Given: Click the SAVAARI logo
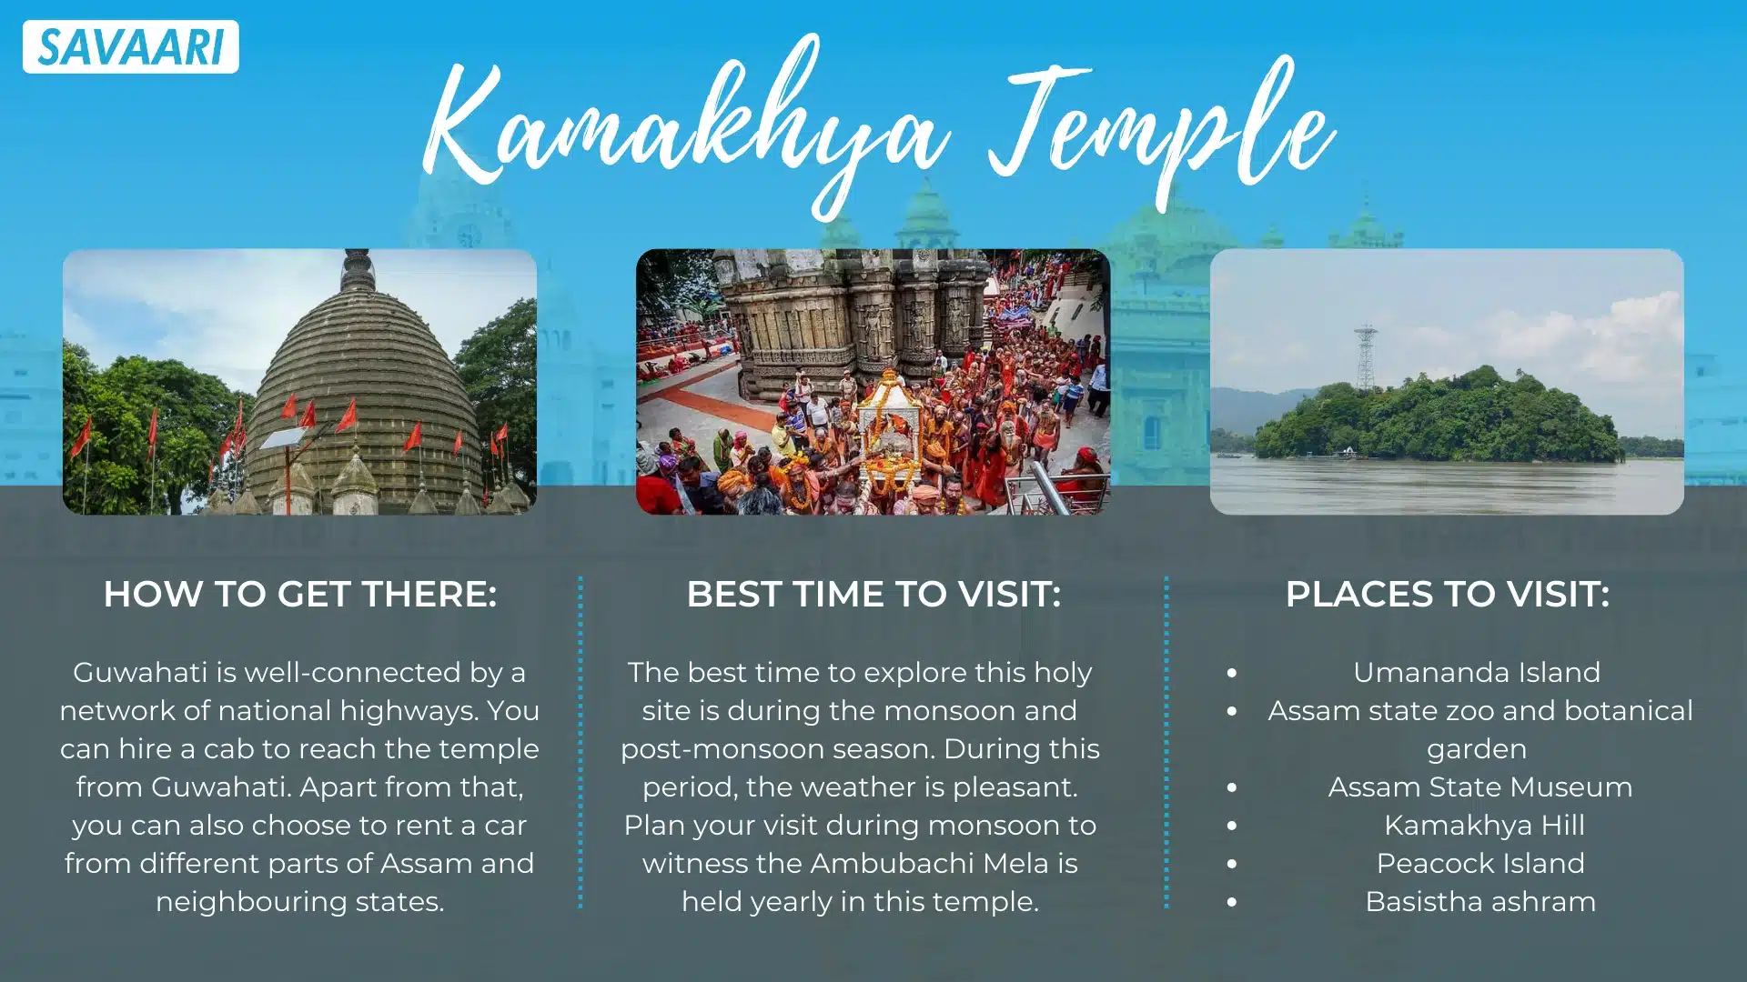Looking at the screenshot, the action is point(131,46).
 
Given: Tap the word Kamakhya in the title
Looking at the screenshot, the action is point(687,127).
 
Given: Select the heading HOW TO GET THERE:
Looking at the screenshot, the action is point(299,594).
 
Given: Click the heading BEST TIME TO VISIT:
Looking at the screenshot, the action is point(873,594).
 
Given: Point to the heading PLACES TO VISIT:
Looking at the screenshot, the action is point(1447,594).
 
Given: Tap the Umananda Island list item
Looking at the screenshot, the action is point(1476,672).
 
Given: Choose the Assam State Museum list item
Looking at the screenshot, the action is point(1480,787).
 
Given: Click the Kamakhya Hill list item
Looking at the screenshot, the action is point(1484,825).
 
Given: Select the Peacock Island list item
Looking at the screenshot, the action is point(1480,863).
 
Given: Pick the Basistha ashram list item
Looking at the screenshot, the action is point(1480,901).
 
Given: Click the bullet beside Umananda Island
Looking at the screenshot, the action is point(1231,673).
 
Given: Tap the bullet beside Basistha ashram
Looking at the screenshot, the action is point(1231,902).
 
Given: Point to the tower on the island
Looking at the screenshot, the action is point(1365,356).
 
